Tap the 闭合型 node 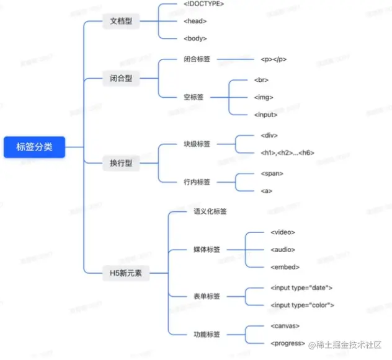pos(122,79)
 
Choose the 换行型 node pos(122,164)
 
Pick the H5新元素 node pos(126,273)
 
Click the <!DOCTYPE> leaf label pos(203,4)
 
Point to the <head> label pos(195,21)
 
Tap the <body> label pos(195,38)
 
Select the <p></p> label pos(274,60)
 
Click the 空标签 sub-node pos(194,97)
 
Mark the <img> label pos(264,97)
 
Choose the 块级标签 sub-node pos(197,144)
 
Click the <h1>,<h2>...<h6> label pos(288,153)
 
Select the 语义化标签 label pos(210,213)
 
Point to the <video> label pos(283,232)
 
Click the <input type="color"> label pos(303,305)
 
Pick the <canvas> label pos(286,325)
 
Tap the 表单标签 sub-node pos(207,296)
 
